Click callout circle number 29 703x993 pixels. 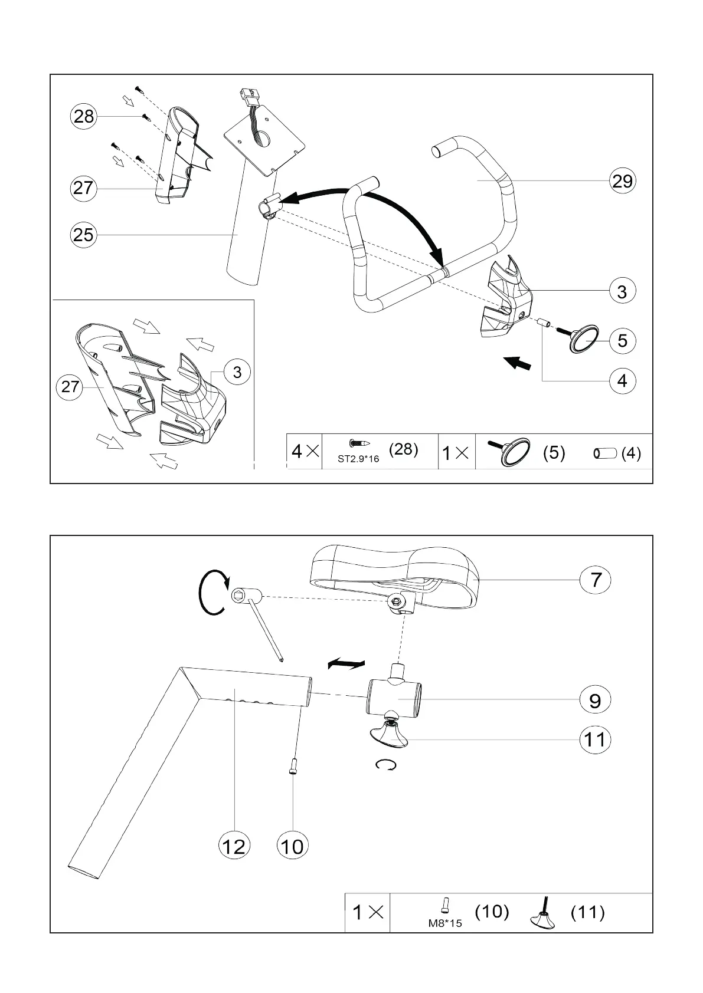(622, 181)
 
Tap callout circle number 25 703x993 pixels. (83, 235)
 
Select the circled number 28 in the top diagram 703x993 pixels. (83, 116)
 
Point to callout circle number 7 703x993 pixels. (595, 579)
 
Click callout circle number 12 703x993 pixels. (234, 846)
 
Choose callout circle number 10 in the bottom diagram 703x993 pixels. (292, 846)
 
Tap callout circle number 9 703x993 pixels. (595, 700)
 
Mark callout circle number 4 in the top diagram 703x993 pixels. (622, 381)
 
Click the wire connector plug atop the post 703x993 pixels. (250, 96)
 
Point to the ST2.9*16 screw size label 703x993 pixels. (358, 458)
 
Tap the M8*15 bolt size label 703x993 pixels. (445, 923)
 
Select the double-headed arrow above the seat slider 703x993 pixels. (346, 665)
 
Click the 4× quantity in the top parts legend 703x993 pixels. (305, 452)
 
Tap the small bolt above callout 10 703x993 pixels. (293, 767)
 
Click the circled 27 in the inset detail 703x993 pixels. (70, 386)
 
